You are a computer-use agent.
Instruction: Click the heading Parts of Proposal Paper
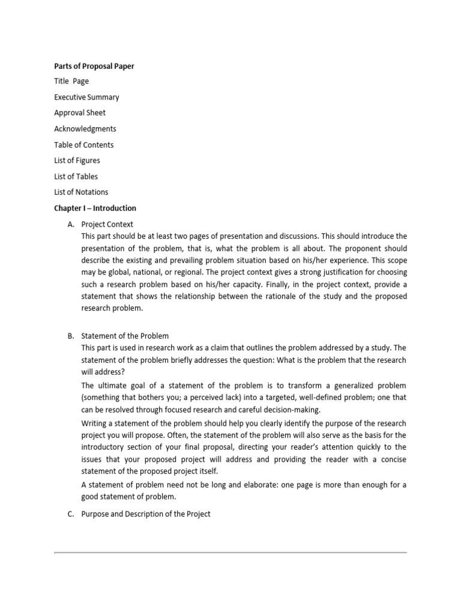(x=94, y=66)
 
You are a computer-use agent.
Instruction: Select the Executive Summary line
(x=86, y=97)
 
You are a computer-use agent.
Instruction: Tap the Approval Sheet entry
(x=80, y=113)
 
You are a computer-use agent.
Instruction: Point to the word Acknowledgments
(x=85, y=129)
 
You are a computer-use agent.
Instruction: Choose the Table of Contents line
(x=84, y=145)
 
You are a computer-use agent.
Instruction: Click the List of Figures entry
(x=77, y=161)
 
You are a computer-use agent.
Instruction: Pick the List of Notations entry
(x=81, y=192)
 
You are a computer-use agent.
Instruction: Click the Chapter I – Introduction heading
(x=95, y=208)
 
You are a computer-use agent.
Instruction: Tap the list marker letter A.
(x=70, y=224)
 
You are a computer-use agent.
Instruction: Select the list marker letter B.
(x=70, y=336)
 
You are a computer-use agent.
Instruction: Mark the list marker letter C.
(x=70, y=514)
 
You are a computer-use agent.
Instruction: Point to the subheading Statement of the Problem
(x=125, y=336)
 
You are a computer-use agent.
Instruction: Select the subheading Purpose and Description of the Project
(x=146, y=514)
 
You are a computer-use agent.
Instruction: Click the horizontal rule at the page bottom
(x=230, y=552)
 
